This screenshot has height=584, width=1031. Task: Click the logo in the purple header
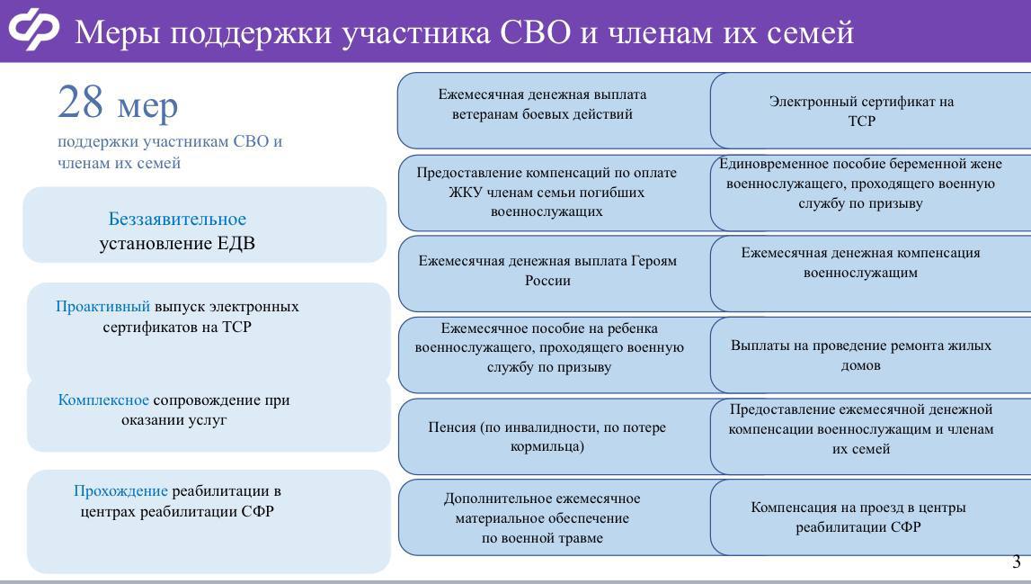pos(33,30)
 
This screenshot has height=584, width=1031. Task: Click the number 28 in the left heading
pos(81,103)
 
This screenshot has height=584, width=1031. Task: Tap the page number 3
pos(1017,562)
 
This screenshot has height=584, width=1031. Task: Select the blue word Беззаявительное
pos(177,220)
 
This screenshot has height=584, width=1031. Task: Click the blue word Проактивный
pos(102,307)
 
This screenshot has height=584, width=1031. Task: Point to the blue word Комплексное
pos(103,400)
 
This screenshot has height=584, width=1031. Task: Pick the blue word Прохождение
pos(120,491)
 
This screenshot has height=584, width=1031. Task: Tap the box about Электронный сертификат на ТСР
pos(861,111)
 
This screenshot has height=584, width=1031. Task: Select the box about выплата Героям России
pos(547,271)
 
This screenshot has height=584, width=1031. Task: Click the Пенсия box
pos(547,436)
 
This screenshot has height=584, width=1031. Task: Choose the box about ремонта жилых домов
pos(861,355)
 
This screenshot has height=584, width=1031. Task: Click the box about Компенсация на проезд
pos(858,517)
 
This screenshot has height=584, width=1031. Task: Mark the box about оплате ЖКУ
pos(547,193)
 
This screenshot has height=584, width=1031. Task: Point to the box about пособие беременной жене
pos(861,184)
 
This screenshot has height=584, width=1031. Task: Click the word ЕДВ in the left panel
pos(236,243)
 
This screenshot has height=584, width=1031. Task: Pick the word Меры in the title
pos(117,32)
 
